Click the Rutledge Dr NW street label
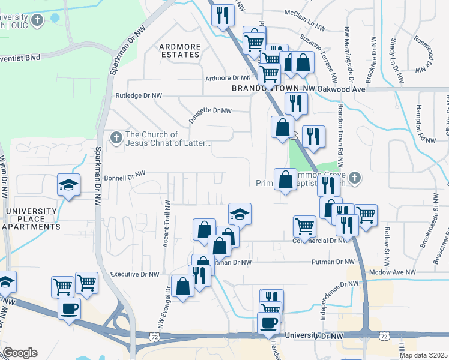[139, 95]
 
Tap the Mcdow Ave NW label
[394, 272]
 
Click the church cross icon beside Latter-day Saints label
[116, 139]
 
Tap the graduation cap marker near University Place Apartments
[68, 185]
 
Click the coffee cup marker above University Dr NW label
[268, 323]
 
